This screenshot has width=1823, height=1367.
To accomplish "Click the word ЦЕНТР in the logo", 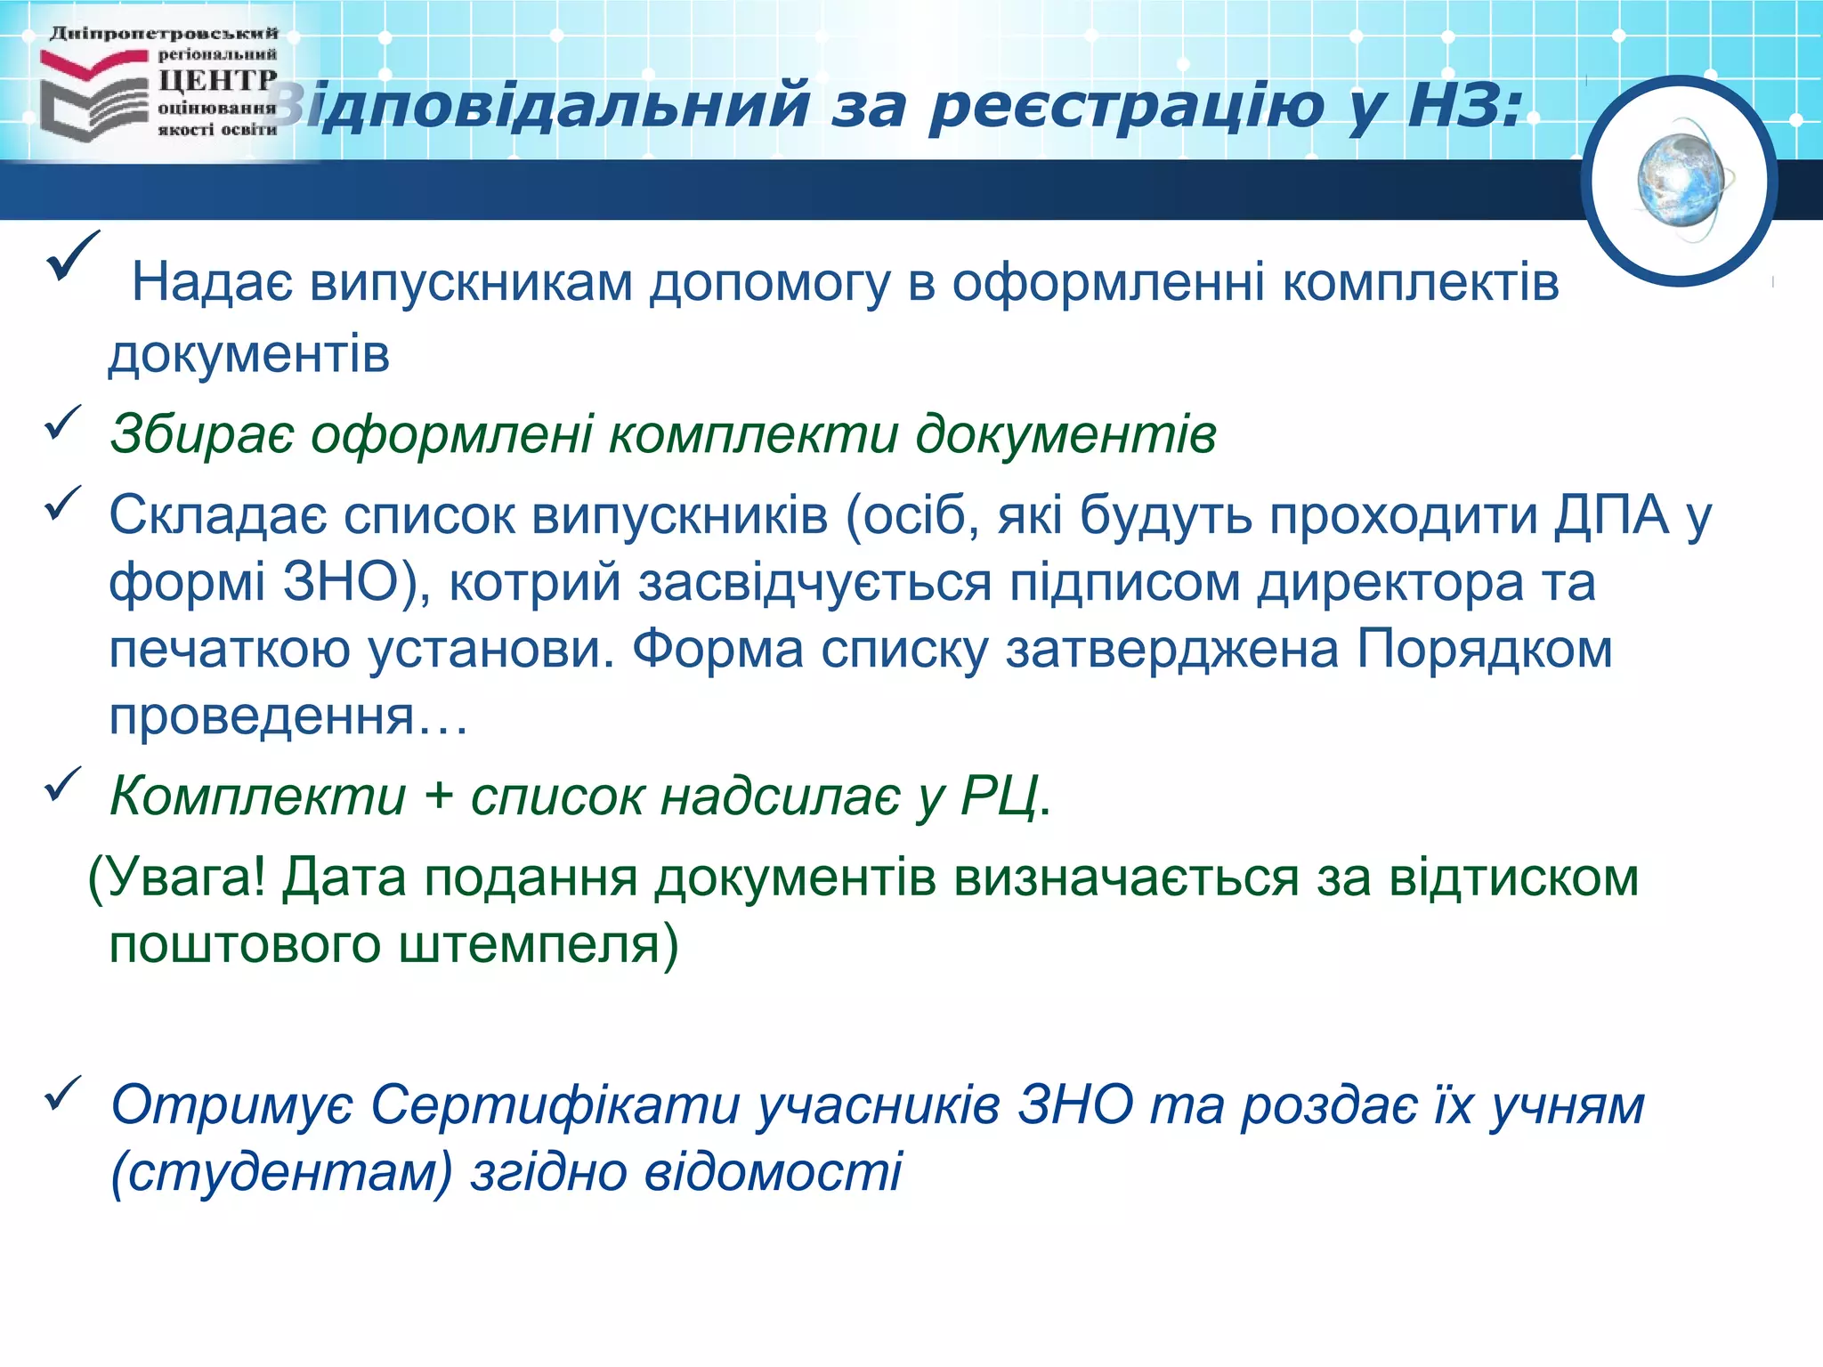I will tap(217, 81).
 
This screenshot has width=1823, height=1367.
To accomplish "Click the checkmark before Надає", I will tap(71, 256).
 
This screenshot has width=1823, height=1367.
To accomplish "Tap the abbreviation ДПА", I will tap(1612, 516).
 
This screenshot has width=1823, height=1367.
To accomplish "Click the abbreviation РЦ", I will tap(1000, 796).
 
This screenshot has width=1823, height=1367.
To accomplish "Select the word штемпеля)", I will tap(538, 945).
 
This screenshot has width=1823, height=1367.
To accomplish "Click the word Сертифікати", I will tap(555, 1106).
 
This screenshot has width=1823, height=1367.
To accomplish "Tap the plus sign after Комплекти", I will tap(438, 796).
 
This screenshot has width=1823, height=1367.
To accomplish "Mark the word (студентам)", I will tap(282, 1173).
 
